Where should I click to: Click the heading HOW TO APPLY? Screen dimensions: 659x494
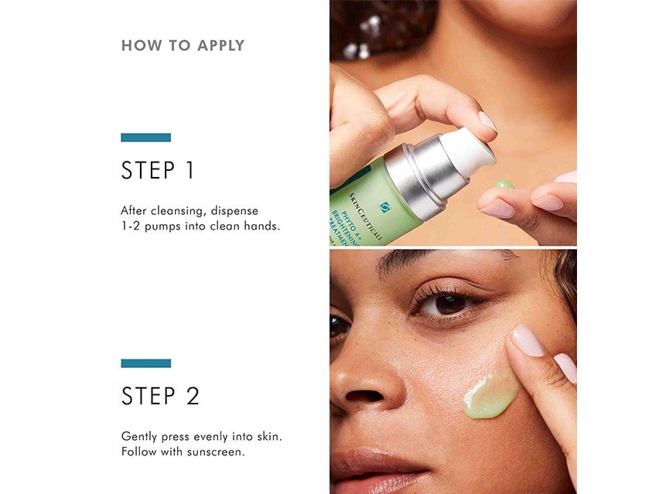[x=183, y=46]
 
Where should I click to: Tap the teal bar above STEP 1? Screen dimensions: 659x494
[x=146, y=138]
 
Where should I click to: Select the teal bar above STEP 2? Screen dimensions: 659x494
[x=146, y=363]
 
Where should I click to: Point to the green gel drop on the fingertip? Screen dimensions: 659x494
[x=504, y=184]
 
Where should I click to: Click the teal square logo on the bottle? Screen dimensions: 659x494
[x=384, y=207]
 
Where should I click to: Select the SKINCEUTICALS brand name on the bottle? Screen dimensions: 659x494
[x=365, y=216]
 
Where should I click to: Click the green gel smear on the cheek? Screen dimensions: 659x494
[x=490, y=395]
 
